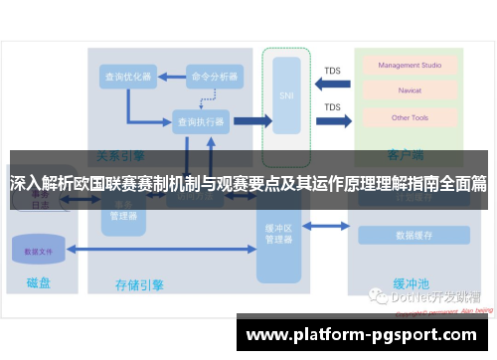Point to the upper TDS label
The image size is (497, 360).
[x=332, y=71]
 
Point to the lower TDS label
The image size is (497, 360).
[x=332, y=107]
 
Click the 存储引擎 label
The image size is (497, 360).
[x=140, y=284]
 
